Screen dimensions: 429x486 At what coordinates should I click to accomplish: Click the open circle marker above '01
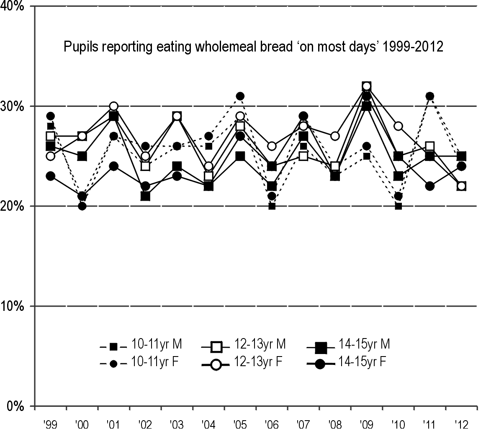point(113,106)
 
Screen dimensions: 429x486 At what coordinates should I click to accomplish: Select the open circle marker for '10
point(398,126)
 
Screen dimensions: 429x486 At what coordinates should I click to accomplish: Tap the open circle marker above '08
point(335,136)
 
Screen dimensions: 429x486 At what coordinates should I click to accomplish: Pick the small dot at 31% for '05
point(240,96)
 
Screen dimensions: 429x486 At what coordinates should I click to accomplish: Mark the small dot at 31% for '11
point(429,96)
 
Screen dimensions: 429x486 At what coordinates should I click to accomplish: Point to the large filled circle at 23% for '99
point(50,176)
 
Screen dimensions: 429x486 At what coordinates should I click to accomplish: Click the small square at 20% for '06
point(272,206)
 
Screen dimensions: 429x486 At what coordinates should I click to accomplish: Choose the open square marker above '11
point(429,146)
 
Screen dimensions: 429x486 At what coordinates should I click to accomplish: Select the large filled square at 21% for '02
point(145,196)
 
